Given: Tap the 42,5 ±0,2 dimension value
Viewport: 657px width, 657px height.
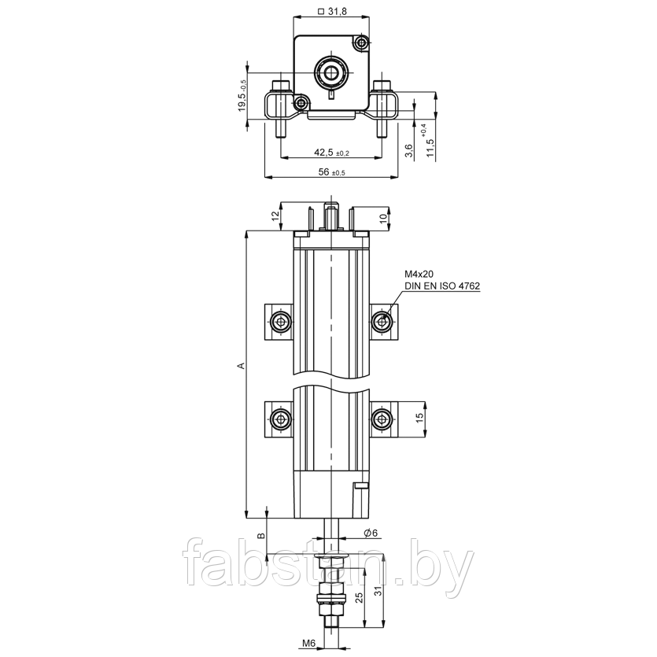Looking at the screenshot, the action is (331, 153).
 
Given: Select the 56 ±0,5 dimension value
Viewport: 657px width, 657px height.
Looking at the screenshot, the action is (332, 172).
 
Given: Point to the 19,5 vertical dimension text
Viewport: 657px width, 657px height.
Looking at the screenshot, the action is (242, 96).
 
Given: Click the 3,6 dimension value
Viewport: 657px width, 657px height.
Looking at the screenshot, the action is (409, 150).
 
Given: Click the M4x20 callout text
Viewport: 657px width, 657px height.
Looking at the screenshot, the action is (419, 274).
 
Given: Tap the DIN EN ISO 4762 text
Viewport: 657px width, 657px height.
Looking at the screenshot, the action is (442, 286).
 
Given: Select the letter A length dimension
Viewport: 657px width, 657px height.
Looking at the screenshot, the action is (241, 366).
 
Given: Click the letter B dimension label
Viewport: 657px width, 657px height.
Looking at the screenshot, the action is (260, 536).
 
